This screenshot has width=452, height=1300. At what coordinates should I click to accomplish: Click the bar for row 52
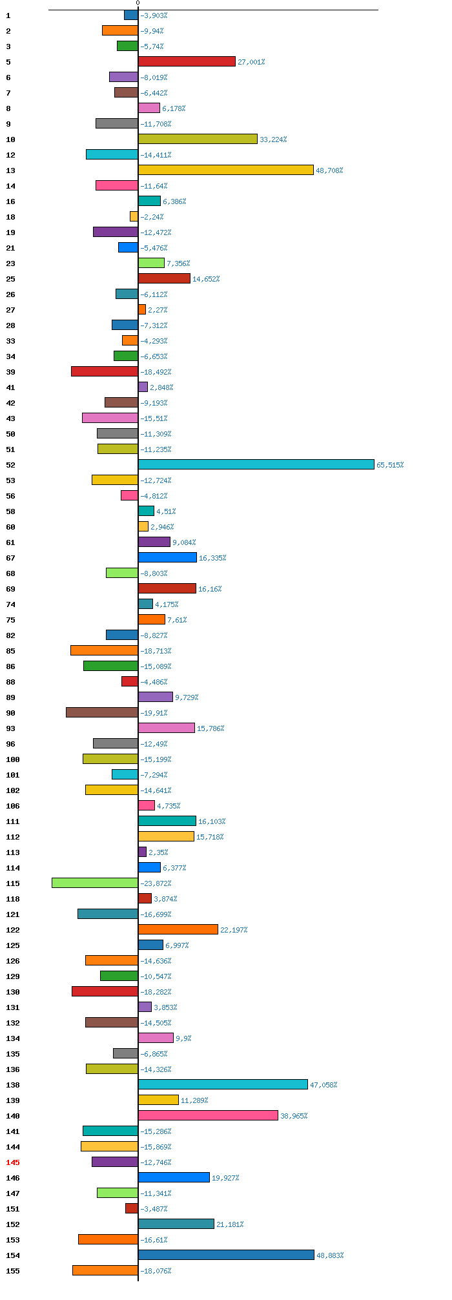coord(256,464)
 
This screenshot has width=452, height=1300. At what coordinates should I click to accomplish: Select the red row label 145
coord(13,1162)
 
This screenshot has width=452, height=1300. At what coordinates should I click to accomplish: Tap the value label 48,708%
coord(329,170)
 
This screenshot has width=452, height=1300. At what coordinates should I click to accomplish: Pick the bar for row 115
coord(95,883)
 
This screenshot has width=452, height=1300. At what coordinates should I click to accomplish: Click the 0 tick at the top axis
coord(138,4)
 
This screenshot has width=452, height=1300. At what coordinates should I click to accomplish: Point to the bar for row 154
coord(226,1255)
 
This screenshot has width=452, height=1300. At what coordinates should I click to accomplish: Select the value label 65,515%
coord(390,465)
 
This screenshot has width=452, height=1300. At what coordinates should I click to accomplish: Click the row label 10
coord(10,139)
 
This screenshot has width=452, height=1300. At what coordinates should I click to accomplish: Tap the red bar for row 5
coord(187,61)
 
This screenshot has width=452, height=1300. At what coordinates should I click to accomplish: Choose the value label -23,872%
coord(156,883)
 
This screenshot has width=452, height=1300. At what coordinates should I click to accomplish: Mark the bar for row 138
coord(223,1084)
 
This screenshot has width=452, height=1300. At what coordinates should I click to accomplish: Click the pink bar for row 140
coord(208,1115)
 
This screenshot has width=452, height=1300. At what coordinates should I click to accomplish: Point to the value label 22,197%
coord(234,930)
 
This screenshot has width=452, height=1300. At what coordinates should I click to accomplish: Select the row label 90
coord(10,713)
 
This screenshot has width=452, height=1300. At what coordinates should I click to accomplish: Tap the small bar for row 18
coord(134,216)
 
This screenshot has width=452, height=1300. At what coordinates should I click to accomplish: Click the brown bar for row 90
coord(102,712)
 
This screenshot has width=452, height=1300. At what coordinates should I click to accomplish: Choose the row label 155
coord(13,1271)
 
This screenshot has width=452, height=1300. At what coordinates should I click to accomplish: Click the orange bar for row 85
coord(104,650)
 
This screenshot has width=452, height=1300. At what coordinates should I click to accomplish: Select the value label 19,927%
coord(225,1178)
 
